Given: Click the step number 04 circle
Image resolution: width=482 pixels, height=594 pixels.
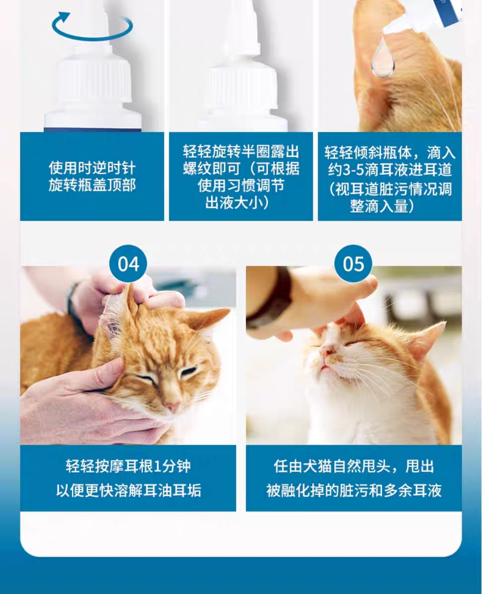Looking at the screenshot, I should (128, 264).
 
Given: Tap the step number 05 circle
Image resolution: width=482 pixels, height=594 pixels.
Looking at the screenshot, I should (353, 264).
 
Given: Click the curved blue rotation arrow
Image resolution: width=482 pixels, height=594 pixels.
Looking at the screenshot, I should (92, 28).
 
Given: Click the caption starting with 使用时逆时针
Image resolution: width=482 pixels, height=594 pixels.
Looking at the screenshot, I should (92, 176).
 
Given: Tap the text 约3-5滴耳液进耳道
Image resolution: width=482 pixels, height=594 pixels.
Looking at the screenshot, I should (390, 170).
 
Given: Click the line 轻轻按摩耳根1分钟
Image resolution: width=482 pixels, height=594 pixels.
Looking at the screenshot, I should (128, 466).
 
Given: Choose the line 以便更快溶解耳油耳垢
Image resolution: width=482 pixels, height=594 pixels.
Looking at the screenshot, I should (128, 490).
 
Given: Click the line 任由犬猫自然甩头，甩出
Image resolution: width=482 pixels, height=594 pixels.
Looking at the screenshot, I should (354, 466).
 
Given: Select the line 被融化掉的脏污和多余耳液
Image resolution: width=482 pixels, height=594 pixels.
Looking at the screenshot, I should (354, 490).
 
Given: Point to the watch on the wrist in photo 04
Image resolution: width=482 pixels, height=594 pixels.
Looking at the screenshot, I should (73, 302).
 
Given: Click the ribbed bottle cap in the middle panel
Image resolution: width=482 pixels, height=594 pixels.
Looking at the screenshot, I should (241, 89).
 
